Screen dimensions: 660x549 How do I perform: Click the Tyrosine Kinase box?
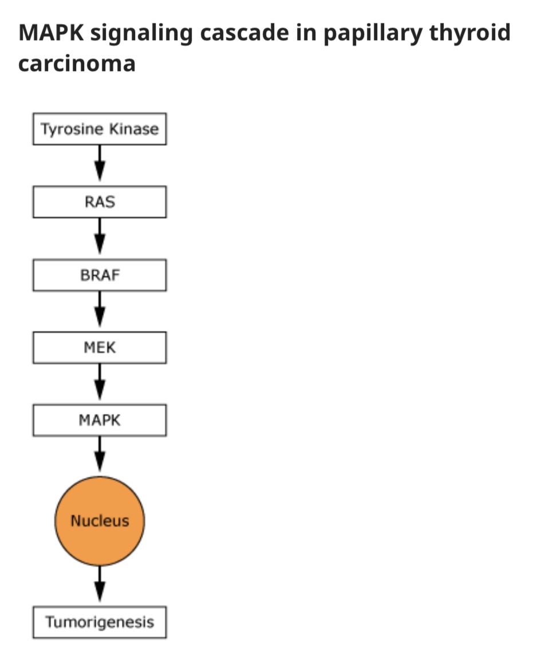pos(100,129)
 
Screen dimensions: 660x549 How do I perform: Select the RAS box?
pos(100,202)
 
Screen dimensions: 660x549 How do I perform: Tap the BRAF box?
pos(100,275)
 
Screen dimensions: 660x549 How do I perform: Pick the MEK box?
pos(100,347)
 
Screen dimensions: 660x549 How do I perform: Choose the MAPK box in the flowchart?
pos(100,420)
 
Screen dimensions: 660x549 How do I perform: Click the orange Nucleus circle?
pos(100,521)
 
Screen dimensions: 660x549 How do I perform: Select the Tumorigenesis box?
pos(100,622)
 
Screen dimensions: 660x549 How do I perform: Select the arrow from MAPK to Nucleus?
pos(100,456)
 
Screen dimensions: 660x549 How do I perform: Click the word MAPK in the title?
pos(50,33)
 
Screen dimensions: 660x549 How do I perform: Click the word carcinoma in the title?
pos(77,63)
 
